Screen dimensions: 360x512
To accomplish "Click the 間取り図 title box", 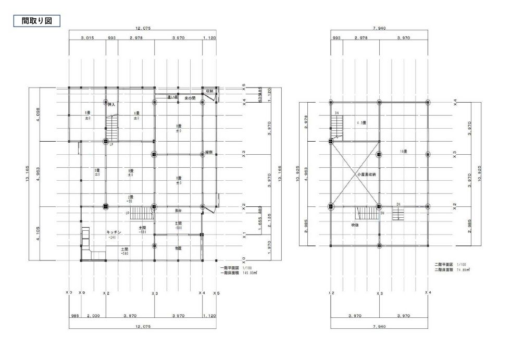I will tap(36, 21).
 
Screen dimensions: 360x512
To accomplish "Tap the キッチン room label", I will tap(115, 232).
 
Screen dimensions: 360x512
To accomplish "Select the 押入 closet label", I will tap(111, 105).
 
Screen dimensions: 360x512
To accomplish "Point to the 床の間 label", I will tap(190, 98).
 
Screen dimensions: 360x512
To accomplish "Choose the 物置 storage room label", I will tap(178, 249).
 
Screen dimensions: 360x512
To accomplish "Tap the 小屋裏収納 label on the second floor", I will tap(366, 175).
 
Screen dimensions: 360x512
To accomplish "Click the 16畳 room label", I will tap(403, 152).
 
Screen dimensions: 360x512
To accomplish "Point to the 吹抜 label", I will tap(354, 225).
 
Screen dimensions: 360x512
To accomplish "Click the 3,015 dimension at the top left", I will tap(87, 38).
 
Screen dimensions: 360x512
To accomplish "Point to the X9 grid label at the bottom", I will tap(81, 293).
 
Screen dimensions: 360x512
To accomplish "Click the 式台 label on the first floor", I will tap(178, 210).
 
